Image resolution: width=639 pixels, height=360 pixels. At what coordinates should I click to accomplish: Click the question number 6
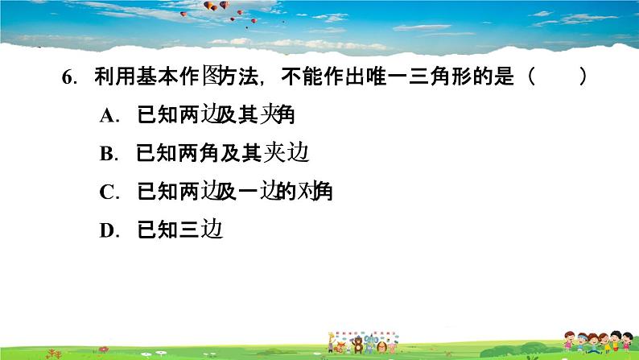click(x=67, y=78)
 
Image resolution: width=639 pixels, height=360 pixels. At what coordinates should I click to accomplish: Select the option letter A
click(x=109, y=116)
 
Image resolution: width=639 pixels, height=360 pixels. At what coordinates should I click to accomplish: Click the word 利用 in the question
click(x=109, y=78)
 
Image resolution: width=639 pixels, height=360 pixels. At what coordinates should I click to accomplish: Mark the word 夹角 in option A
click(x=278, y=116)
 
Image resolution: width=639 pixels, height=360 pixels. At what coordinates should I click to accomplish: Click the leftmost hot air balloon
click(x=209, y=6)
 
